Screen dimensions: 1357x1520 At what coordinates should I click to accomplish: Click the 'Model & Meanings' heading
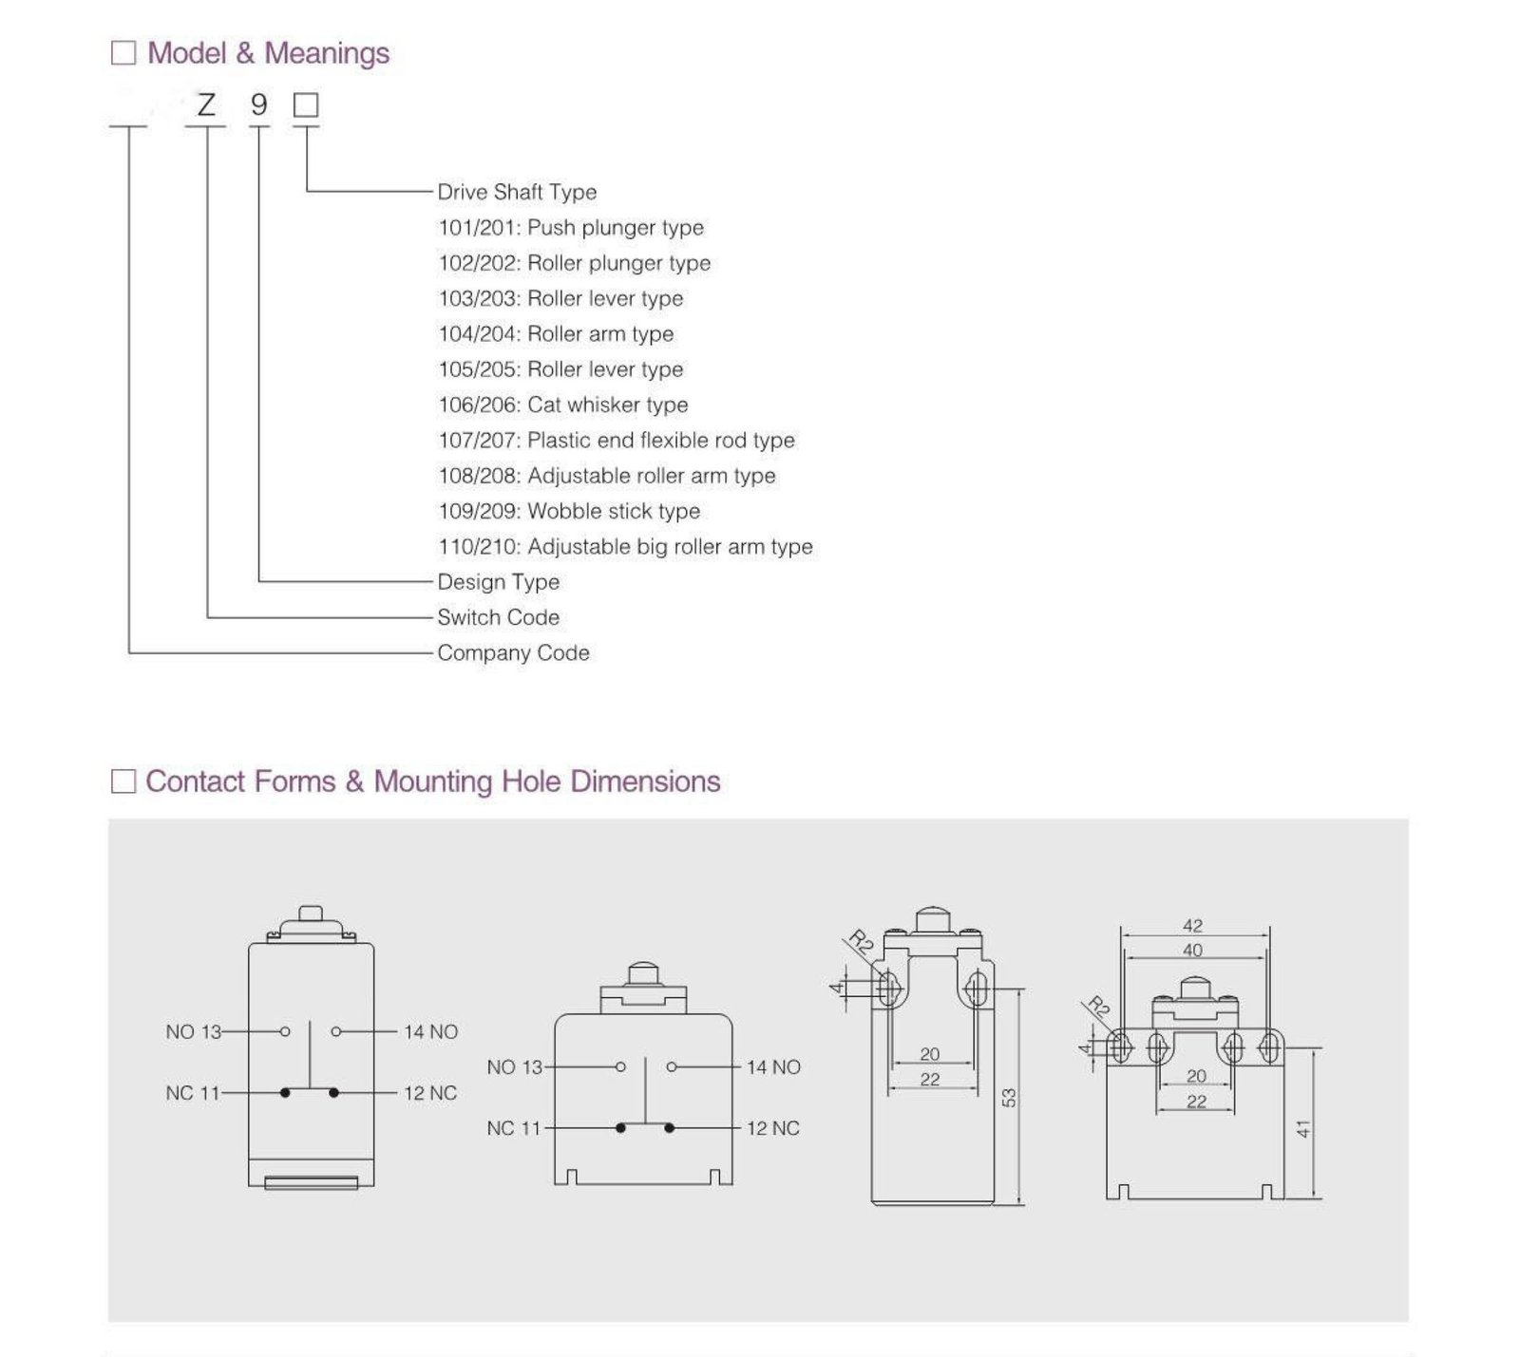[268, 53]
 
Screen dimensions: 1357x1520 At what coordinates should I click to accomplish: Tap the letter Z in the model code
[206, 104]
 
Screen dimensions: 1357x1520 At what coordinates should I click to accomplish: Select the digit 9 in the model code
[258, 104]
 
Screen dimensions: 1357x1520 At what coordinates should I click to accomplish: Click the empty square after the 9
[306, 104]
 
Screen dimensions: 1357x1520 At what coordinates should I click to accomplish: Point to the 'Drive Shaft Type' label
[517, 192]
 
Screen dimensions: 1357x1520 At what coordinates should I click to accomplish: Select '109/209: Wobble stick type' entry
[569, 511]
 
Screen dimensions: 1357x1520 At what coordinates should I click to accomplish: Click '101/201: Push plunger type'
[571, 228]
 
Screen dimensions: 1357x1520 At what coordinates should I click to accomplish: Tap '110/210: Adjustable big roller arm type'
[625, 547]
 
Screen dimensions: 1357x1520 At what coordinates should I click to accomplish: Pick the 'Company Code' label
[513, 653]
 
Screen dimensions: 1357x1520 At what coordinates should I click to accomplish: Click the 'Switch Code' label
[498, 617]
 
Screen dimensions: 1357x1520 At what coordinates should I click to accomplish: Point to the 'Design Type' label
[498, 582]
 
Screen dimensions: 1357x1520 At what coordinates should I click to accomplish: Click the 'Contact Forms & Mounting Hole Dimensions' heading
[432, 782]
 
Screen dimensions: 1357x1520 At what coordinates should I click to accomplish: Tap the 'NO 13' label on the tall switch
[193, 1032]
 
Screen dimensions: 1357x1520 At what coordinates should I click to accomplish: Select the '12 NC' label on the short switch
[773, 1129]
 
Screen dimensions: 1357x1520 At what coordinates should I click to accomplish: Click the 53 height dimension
[1009, 1098]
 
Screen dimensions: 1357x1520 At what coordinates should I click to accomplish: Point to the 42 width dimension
[1193, 926]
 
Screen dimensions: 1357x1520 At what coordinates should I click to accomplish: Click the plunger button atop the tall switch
[311, 914]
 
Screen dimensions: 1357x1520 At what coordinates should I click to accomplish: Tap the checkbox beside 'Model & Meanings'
[123, 53]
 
